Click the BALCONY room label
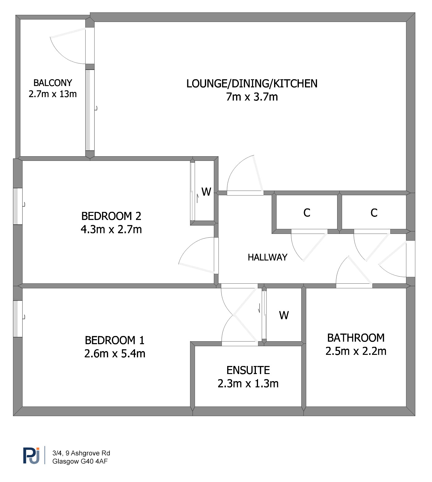[x=53, y=83]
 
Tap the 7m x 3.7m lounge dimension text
[x=252, y=97]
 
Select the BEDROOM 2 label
[x=111, y=216]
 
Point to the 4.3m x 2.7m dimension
[x=111, y=230]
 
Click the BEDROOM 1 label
[x=115, y=340]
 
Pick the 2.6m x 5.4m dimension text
[x=115, y=354]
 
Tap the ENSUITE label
[x=248, y=370]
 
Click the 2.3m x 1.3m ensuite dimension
[x=248, y=384]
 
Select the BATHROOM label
[x=356, y=338]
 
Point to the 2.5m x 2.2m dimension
[x=356, y=351]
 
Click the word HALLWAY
[x=268, y=257]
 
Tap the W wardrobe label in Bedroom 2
[x=206, y=192]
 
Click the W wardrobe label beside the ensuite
[x=284, y=315]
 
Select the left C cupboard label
[x=307, y=213]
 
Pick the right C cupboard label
[x=374, y=213]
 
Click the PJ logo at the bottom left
[x=32, y=455]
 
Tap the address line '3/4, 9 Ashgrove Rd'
[x=81, y=453]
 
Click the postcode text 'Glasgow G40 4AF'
[x=80, y=461]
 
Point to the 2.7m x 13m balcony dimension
[x=53, y=94]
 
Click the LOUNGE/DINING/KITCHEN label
[x=252, y=84]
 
